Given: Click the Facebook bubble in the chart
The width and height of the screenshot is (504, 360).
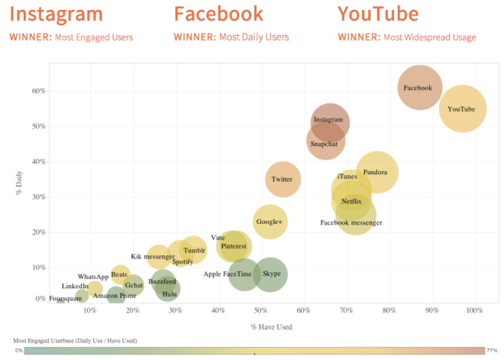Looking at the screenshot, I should coord(418,88).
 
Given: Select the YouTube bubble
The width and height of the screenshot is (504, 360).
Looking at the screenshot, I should coord(462,109).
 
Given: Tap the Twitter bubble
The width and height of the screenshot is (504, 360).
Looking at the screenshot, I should coord(283,180).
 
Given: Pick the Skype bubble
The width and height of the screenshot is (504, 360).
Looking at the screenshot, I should coord(270,274).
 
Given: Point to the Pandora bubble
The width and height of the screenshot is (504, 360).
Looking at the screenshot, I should coord(376,173).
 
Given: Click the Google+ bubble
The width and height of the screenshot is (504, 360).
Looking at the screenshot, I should coord(270,222).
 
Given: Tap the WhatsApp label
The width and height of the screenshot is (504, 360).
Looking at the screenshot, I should coord(93,277).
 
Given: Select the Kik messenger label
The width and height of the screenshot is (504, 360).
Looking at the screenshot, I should coord(153,257).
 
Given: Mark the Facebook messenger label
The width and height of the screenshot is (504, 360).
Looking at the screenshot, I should coord(351,223).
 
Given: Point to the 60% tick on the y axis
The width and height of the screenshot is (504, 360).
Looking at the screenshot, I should coord(38,91).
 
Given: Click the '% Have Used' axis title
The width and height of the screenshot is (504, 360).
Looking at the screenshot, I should coord(271,327).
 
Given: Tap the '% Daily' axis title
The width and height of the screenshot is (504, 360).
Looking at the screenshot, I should coord(19,184).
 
